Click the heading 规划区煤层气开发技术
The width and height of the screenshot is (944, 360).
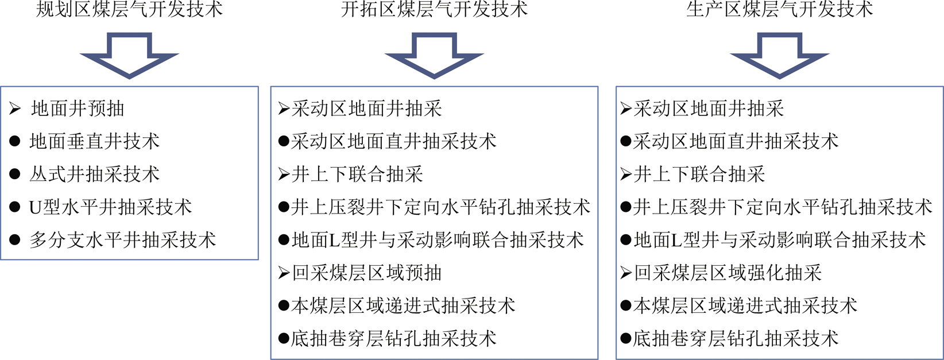pos(129,9)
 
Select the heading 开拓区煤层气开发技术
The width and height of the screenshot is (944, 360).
pos(434,9)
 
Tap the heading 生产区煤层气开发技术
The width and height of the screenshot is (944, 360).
pos(780,9)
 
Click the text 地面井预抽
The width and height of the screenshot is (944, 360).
pos(78,109)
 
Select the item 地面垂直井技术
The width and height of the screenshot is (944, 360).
pos(94,141)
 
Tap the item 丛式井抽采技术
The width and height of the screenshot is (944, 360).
pos(94,174)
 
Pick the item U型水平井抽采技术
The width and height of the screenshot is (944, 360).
pos(110,207)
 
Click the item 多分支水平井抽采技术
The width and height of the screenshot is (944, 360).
pos(123,240)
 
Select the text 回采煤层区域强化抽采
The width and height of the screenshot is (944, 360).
pos(728,273)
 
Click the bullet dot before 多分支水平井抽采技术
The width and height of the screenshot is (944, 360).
pos(15,240)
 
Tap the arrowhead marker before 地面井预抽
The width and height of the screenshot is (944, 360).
pos(15,109)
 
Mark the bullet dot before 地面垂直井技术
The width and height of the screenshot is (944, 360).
pos(15,141)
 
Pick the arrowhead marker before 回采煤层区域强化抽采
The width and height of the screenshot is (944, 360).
pos(626,273)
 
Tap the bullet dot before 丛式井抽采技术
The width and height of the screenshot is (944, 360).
pos(15,174)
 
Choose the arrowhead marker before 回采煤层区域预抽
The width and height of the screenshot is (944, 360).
pos(284,273)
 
